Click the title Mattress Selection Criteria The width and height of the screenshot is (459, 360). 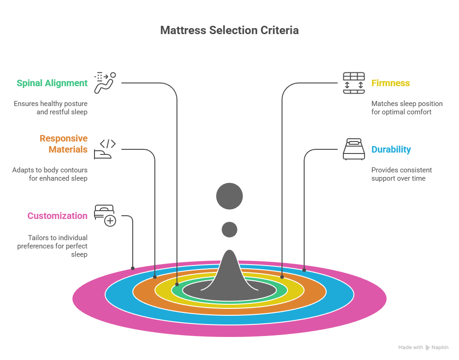(229, 30)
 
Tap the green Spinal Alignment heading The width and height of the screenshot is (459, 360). (52, 83)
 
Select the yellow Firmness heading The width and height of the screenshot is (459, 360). (391, 83)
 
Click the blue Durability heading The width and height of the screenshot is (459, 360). (391, 150)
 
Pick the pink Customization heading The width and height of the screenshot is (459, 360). (57, 216)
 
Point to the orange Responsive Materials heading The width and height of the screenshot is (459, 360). (63, 144)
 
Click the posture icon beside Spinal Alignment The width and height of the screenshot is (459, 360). (105, 83)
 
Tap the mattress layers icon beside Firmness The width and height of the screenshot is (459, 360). (353, 83)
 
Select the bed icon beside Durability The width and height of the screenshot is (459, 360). (353, 149)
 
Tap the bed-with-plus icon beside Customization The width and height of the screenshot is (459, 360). (105, 216)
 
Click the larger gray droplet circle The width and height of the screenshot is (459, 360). (229, 196)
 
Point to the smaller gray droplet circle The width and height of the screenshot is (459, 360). (229, 230)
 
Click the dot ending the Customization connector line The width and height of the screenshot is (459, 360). (133, 268)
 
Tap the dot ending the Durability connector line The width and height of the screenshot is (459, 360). (304, 269)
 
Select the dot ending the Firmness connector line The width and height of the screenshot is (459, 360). (282, 277)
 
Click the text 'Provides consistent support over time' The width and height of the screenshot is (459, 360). (401, 174)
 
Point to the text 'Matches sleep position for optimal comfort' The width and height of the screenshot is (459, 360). (406, 108)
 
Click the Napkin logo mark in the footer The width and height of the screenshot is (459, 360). (428, 348)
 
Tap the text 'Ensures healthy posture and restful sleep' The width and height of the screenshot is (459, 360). (50, 108)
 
